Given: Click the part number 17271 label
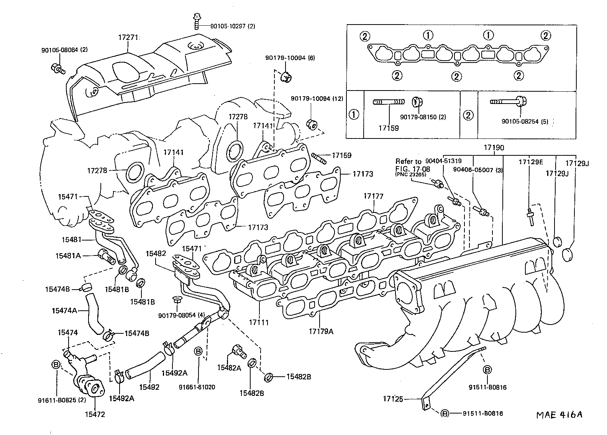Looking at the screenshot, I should coord(128,37).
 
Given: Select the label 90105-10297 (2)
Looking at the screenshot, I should coord(233,26).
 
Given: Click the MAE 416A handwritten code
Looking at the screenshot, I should coord(559,415).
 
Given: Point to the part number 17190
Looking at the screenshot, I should coord(494,148).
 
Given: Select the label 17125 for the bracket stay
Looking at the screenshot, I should coord(393,399).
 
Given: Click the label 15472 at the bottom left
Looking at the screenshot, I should coord(95,414).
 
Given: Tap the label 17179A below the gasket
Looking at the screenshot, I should coord(321,331).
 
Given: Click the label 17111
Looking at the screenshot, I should coord(259,322).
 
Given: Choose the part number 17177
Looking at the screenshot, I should coord(373,196).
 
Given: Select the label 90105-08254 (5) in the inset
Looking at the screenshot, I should coord(525,122).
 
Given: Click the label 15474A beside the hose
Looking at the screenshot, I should coord(64,310).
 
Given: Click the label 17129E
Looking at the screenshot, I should coord(531,162).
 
